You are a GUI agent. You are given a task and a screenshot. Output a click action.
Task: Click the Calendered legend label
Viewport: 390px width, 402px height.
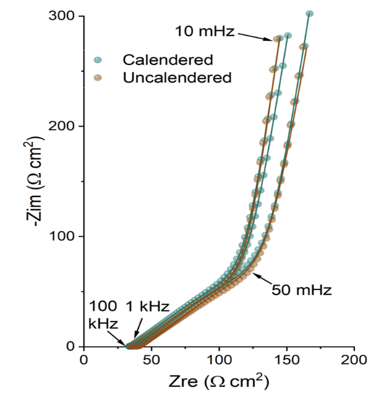[x=167, y=59]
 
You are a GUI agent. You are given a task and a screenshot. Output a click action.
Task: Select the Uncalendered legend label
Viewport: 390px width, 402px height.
[x=177, y=77]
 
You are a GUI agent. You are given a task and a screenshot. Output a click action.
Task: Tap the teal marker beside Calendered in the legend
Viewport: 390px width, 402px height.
[x=97, y=60]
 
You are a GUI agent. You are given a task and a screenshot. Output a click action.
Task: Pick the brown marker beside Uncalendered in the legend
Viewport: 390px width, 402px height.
[x=97, y=78]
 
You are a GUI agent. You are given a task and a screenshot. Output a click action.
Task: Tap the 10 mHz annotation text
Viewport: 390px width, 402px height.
[x=204, y=31]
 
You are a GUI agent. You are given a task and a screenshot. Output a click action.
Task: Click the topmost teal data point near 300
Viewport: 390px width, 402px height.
[x=309, y=14]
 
